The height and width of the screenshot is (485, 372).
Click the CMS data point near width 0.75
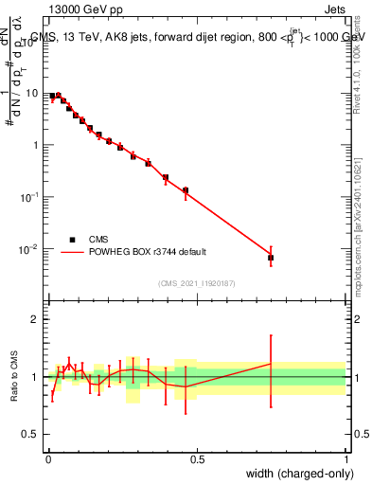(271, 258)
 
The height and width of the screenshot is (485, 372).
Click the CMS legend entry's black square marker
(72, 240)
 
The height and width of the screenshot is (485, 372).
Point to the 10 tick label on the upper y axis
(32, 93)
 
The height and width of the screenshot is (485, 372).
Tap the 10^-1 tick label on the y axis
(30, 197)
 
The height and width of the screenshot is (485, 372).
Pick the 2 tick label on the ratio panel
(35, 319)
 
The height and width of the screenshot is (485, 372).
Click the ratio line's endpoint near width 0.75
(271, 363)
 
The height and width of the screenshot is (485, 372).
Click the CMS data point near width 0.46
(186, 190)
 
